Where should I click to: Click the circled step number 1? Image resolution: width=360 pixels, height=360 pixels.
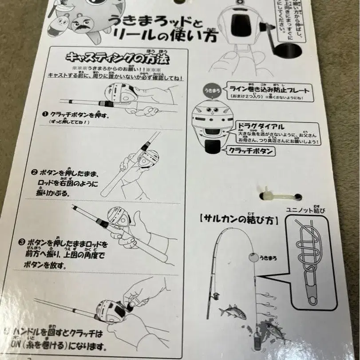pos(45,114)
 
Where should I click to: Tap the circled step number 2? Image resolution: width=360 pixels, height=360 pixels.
pos(34,172)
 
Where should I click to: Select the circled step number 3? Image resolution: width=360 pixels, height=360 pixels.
pos(22,243)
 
